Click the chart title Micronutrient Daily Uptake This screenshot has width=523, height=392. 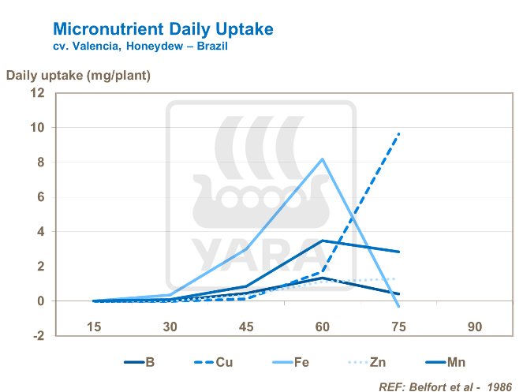click(163, 29)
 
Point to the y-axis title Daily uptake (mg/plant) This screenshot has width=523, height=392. click(78, 76)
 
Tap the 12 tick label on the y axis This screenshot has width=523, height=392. click(38, 93)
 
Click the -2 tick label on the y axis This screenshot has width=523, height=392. click(37, 336)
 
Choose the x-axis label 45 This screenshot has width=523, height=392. click(247, 327)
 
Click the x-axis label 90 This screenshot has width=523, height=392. click(474, 327)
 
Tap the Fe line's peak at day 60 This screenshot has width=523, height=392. click(323, 159)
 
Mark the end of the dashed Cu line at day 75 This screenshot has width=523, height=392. click(399, 133)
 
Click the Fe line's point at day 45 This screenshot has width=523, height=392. click(247, 248)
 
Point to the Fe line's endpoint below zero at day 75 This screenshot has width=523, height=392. click(399, 306)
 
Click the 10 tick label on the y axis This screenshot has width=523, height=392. click(38, 128)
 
